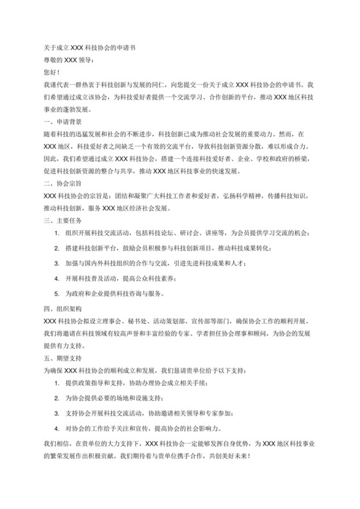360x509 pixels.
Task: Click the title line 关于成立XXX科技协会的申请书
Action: coord(89,48)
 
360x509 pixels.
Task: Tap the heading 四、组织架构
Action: coord(62,307)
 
